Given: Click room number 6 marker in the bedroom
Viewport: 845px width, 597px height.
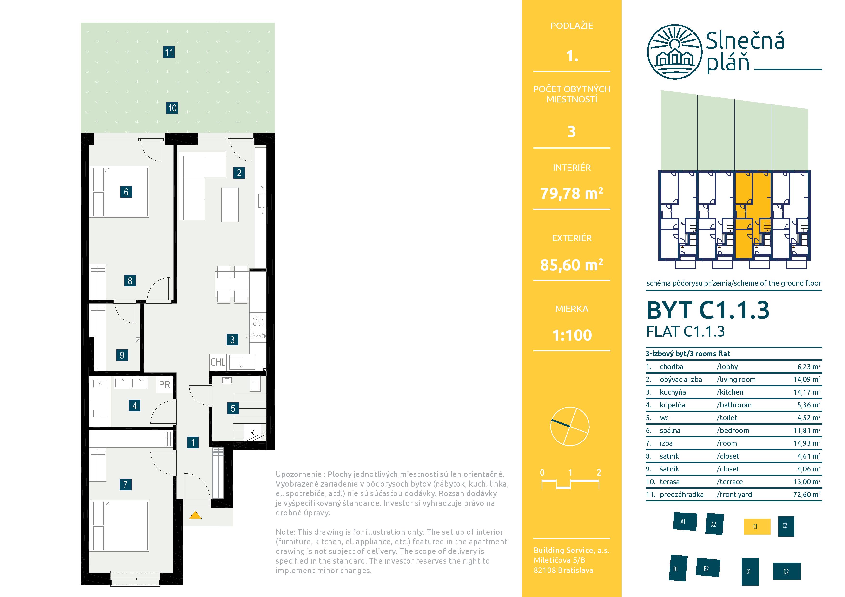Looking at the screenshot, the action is coord(126,192).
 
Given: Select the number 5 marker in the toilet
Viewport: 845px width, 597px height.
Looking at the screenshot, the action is coord(233,408).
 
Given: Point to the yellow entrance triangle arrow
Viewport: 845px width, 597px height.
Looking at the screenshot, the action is coord(195,515).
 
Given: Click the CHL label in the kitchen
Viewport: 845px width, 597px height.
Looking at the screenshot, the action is coord(218,362).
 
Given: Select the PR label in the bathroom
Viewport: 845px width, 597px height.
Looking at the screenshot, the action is coord(165,385).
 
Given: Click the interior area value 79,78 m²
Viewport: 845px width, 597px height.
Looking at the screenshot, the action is coord(572,193).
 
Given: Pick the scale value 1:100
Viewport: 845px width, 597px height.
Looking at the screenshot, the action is coord(572,335).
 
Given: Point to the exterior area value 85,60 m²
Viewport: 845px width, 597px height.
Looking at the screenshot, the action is coord(572,265).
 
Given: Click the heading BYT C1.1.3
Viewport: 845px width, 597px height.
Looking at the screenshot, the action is coord(708,310).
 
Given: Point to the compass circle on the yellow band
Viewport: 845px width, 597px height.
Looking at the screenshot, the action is coord(570,426).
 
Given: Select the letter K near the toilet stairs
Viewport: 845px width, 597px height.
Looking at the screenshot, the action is coord(252,433).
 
